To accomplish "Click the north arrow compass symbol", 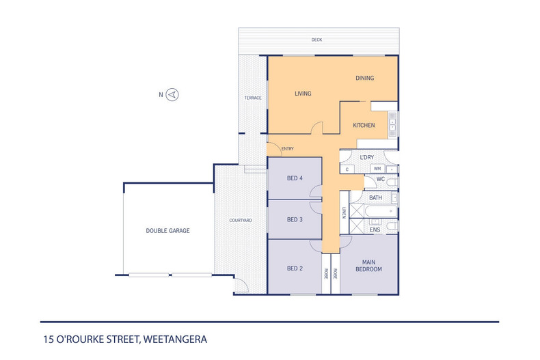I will tap(173, 95).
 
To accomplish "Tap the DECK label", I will tap(316, 40).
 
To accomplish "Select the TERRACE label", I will tap(253, 98).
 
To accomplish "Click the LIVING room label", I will tap(303, 94).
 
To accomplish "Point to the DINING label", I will tap(364, 78).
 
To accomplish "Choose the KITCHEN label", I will tap(364, 126).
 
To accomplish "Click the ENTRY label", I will tap(287, 148).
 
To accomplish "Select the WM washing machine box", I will tap(377, 169).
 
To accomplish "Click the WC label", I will tap(381, 179).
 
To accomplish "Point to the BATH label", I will tap(375, 198).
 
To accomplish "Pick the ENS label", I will tap(375, 230).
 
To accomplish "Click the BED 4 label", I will tap(295, 178).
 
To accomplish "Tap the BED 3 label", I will tap(295, 219).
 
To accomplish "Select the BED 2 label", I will tap(295, 268).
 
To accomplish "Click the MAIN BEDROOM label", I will tap(368, 265).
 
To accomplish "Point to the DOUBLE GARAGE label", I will tap(167, 231).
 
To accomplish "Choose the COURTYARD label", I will tap(241, 220).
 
